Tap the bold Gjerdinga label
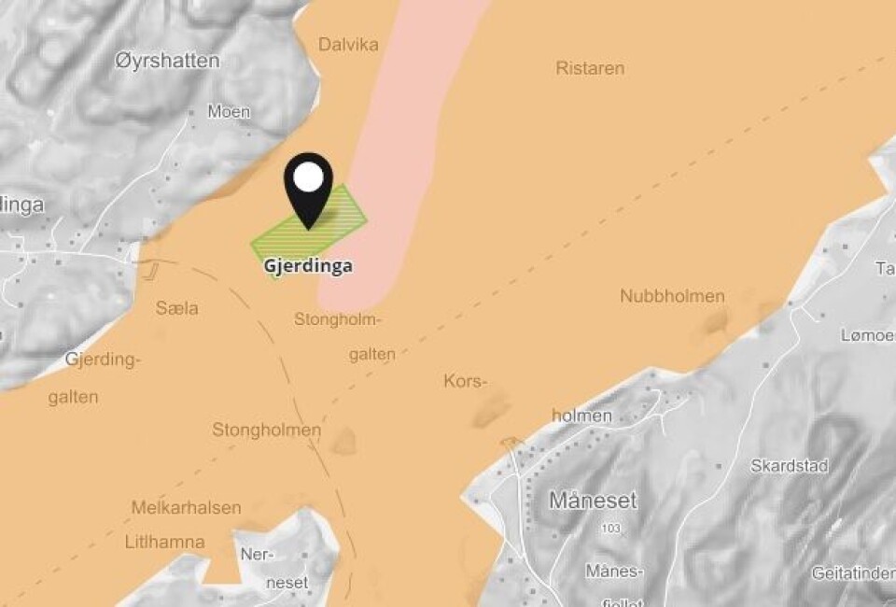tap(308, 266)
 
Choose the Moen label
tap(229, 112)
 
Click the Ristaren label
tap(590, 68)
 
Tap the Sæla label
tap(177, 308)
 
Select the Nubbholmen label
tap(672, 296)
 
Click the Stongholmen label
tap(266, 431)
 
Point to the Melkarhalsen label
tap(186, 509)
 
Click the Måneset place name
tap(593, 501)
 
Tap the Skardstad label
tap(790, 466)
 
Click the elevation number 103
tap(611, 529)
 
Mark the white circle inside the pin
tap(309, 177)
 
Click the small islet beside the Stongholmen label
tap(344, 440)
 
